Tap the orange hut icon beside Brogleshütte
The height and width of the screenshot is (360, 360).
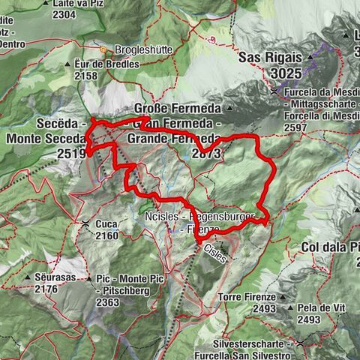[108, 50]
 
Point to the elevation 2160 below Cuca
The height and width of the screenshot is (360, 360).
[107, 235]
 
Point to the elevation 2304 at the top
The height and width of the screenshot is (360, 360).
[64, 14]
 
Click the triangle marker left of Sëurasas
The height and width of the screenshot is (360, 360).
[28, 277]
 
